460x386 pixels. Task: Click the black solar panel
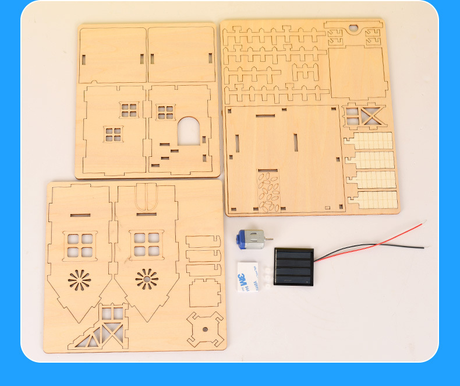point(293,266)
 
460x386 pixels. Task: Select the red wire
point(373,239)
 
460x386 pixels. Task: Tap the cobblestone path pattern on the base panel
point(268,191)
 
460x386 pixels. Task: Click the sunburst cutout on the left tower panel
point(80,280)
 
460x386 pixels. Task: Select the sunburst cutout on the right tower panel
point(147,279)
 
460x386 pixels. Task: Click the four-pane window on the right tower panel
point(147,244)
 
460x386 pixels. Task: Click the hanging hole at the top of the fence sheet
point(352,27)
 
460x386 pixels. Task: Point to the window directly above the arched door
point(165,111)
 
